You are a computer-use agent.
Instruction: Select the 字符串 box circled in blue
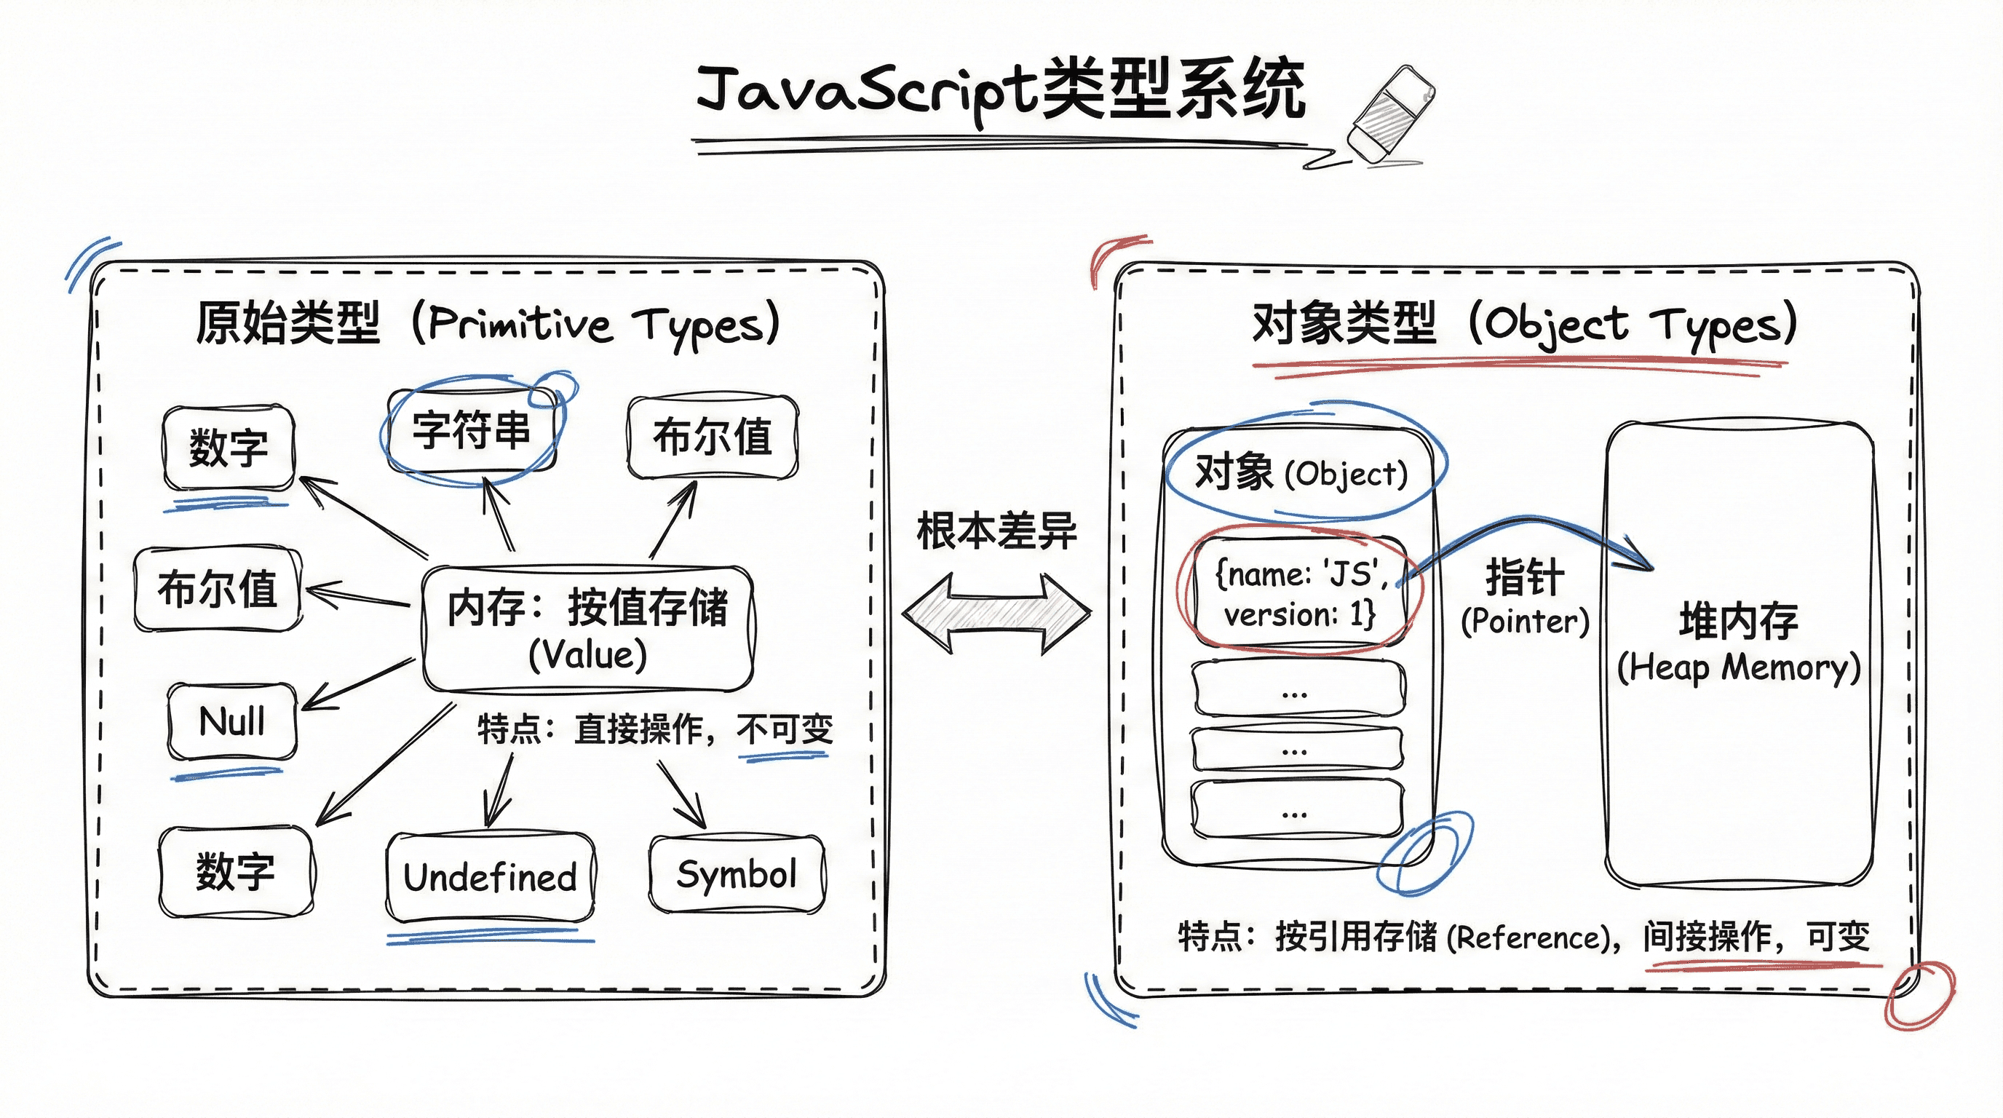pos(471,430)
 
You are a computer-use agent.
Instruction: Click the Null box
pos(231,721)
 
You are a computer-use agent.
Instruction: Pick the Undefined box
pos(490,877)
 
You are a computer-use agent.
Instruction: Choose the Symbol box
pos(737,875)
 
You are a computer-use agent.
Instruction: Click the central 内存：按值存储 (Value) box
pos(587,628)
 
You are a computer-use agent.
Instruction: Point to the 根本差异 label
pos(997,531)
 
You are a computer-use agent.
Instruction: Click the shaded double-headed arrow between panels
pos(997,613)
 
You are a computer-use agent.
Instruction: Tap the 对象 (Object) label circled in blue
pos(1301,472)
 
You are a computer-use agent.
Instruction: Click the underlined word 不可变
pos(785,729)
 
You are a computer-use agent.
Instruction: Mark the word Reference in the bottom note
pos(1527,937)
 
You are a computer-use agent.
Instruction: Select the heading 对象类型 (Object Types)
pos(1524,323)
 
